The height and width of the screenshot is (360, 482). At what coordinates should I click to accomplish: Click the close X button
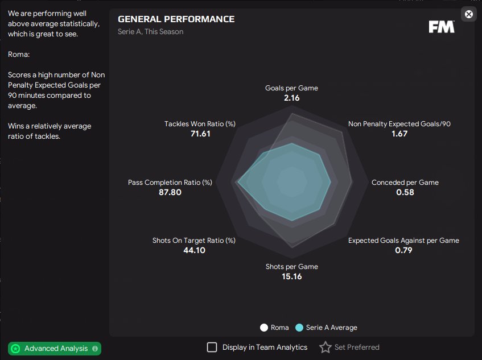[468, 14]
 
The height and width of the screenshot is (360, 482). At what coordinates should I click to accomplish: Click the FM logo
[441, 27]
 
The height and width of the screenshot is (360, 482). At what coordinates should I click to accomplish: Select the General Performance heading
[176, 19]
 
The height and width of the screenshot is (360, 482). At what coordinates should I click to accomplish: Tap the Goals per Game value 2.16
[291, 98]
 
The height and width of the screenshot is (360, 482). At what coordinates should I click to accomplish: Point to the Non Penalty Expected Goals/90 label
[399, 124]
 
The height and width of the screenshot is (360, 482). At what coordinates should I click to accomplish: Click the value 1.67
[399, 134]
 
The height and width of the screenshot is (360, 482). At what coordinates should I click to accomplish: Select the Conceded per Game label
[405, 183]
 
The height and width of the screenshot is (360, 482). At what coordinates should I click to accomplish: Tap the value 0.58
[405, 192]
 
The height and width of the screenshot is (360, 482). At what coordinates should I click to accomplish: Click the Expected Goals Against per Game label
[403, 241]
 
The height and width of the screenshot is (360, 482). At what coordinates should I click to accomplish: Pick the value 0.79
[403, 250]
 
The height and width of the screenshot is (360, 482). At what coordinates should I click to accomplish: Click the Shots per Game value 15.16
[291, 276]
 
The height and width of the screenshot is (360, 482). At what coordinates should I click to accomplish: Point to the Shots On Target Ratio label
[194, 241]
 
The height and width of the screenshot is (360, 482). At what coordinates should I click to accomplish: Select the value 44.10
[194, 250]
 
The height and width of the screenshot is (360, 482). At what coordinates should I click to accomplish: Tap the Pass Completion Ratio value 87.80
[170, 192]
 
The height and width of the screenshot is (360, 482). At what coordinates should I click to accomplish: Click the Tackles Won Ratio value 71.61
[200, 134]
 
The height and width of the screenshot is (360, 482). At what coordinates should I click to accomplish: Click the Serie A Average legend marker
[299, 328]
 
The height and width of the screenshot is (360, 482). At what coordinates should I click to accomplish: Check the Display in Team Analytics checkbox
[212, 347]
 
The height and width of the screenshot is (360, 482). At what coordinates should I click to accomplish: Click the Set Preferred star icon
[325, 347]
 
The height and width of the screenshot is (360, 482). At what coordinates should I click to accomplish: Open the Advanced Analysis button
[55, 348]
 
